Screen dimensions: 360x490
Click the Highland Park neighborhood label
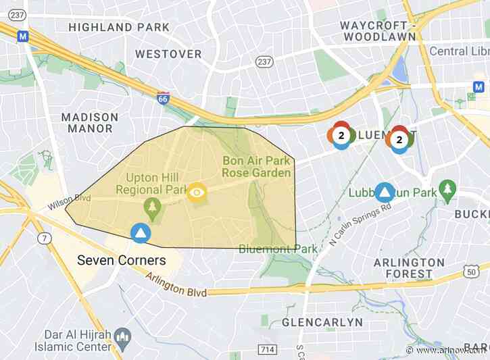[x=109, y=27]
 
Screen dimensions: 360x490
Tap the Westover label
[x=168, y=53]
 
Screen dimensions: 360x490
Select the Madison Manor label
[x=90, y=122]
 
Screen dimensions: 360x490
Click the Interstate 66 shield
[x=163, y=99]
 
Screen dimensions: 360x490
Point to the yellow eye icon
[x=197, y=193]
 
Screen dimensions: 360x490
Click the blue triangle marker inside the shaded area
[x=141, y=233]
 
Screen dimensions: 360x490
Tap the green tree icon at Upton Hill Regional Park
[x=153, y=206]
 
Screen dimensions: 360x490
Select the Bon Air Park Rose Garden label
[x=257, y=167]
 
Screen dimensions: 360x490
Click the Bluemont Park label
[x=278, y=249]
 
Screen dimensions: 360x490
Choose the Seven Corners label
[x=121, y=260]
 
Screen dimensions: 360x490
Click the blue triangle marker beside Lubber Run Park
[x=385, y=192]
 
